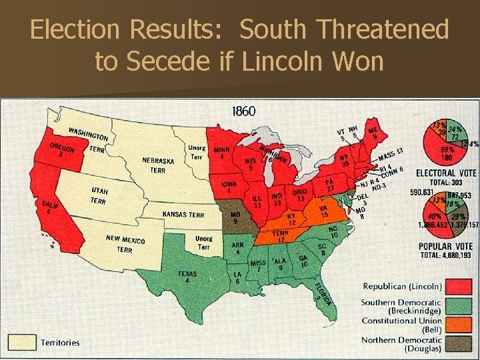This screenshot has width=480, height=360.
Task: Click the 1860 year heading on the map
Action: pos(243,111)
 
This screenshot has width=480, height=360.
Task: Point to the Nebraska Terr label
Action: pos(158,165)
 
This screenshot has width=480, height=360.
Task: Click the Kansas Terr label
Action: pos(183,215)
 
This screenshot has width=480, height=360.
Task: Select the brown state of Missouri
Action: pos(235,219)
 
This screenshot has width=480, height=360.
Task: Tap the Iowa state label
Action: pos(229,186)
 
